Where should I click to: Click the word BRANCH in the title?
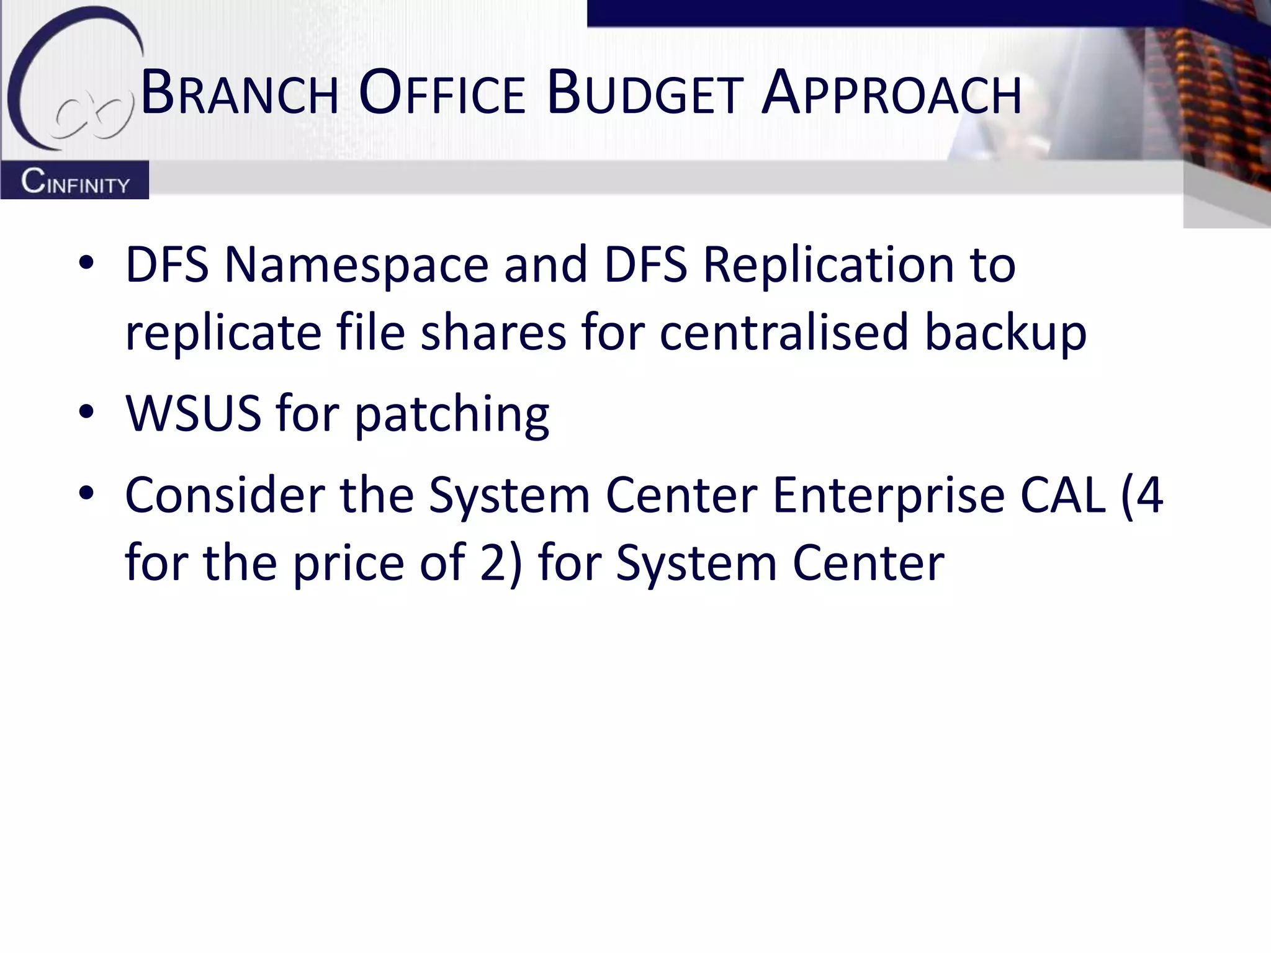[240, 94]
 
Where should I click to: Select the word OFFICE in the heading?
[442, 94]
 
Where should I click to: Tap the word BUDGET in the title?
[645, 94]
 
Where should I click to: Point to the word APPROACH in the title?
[891, 94]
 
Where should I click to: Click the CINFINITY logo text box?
[74, 181]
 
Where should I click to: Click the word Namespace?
[356, 265]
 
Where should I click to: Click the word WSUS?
[193, 413]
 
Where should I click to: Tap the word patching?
[452, 414]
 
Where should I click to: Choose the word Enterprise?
[889, 496]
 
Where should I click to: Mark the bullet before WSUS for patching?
[86, 412]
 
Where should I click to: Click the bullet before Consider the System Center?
[86, 493]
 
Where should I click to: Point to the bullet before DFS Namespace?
[86, 263]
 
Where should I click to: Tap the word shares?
[493, 332]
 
